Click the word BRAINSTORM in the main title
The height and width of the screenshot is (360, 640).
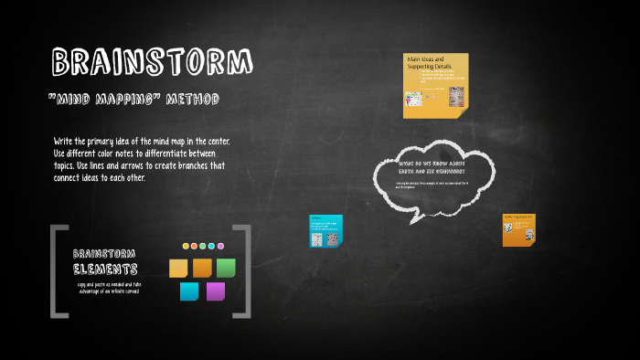(152, 62)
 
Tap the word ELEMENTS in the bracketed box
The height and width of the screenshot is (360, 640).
(106, 270)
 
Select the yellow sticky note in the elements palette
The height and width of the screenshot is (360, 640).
(178, 269)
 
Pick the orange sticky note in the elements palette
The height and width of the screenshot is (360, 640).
(202, 268)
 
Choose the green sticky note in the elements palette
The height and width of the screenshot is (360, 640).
(226, 268)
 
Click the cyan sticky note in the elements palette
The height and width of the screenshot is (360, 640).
(189, 291)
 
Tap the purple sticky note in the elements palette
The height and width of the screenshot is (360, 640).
(216, 291)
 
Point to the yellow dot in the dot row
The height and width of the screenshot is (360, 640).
(186, 246)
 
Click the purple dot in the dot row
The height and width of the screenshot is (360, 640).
(220, 246)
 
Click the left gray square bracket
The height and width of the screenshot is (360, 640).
(57, 271)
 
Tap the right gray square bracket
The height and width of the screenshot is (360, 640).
(243, 271)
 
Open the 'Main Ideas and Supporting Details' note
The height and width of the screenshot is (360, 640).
(435, 85)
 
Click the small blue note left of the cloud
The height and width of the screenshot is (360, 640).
(325, 231)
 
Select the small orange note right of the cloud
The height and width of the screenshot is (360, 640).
(518, 230)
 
